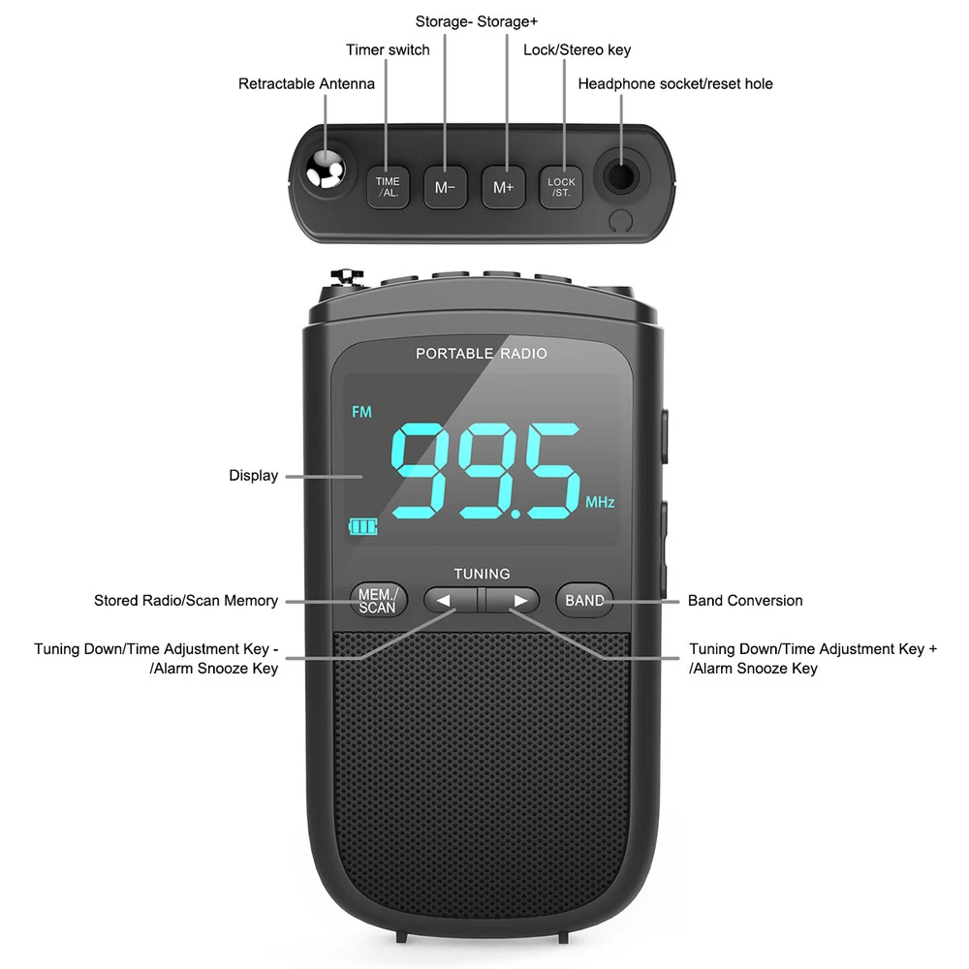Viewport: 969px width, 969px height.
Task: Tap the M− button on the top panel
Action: pyautogui.click(x=445, y=186)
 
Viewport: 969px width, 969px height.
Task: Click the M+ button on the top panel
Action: pyautogui.click(x=503, y=186)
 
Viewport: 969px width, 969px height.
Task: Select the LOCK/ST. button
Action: pyautogui.click(x=561, y=186)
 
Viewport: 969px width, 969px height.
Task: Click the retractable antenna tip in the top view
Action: pyautogui.click(x=323, y=172)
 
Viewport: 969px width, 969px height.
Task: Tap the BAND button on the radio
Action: pyautogui.click(x=584, y=601)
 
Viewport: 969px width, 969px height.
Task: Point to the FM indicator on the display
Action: pyautogui.click(x=361, y=413)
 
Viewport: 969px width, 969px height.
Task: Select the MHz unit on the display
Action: pyautogui.click(x=600, y=503)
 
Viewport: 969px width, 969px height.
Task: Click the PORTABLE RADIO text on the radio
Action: pyautogui.click(x=481, y=354)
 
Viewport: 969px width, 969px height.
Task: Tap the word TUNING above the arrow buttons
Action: pyautogui.click(x=482, y=574)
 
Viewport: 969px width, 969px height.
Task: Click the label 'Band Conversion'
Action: pyautogui.click(x=745, y=601)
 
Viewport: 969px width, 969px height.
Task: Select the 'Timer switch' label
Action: pyautogui.click(x=388, y=50)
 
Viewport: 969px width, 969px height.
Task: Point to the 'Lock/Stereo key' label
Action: pyautogui.click(x=577, y=50)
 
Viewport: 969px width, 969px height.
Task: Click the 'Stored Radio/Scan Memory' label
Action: pyautogui.click(x=186, y=601)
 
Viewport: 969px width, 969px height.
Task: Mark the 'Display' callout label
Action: pyautogui.click(x=253, y=476)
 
